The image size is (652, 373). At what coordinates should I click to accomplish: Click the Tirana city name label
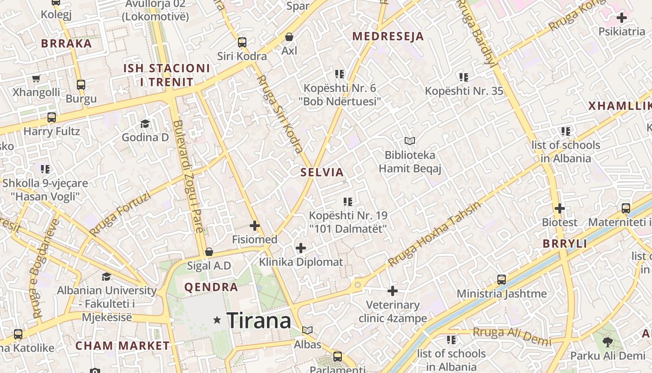(x=259, y=320)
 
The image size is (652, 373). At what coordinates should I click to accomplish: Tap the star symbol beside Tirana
(x=217, y=320)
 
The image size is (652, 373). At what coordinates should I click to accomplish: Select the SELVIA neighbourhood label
(x=322, y=173)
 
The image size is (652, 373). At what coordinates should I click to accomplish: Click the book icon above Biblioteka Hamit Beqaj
(x=410, y=141)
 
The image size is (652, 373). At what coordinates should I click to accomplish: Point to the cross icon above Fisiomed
(x=255, y=226)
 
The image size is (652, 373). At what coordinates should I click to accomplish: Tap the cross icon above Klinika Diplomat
(x=301, y=248)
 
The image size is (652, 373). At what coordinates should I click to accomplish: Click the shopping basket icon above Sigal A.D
(x=209, y=252)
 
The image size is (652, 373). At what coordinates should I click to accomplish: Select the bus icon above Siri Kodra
(x=242, y=42)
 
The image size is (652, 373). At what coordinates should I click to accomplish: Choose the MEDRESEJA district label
(x=388, y=36)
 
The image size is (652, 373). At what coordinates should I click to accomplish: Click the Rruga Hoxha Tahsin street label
(x=434, y=235)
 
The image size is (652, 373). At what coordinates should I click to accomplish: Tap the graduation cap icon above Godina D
(x=145, y=124)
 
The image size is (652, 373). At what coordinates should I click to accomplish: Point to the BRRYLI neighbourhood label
(x=565, y=244)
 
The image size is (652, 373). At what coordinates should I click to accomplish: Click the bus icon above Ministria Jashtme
(x=502, y=280)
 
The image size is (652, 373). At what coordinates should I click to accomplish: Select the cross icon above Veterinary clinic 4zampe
(x=393, y=291)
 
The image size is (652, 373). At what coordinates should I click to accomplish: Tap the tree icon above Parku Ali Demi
(x=608, y=342)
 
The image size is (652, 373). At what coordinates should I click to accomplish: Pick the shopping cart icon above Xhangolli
(x=36, y=78)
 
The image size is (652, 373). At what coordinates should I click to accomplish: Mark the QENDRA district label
(x=211, y=287)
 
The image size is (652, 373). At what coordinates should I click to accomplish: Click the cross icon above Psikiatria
(x=622, y=18)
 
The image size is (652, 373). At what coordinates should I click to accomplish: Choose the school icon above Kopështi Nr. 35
(x=464, y=77)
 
